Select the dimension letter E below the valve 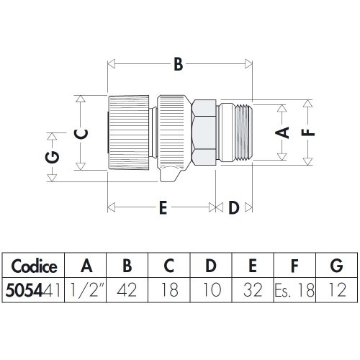coord(163,209)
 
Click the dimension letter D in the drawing coord(233,209)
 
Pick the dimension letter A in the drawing coord(283,132)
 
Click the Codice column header coord(34,266)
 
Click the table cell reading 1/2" coord(86,292)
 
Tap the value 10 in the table coord(210,292)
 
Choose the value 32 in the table coord(252,292)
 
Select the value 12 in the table coord(336,292)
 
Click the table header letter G coord(336,266)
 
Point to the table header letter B coord(127,266)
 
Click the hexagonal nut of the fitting coord(205,133)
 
